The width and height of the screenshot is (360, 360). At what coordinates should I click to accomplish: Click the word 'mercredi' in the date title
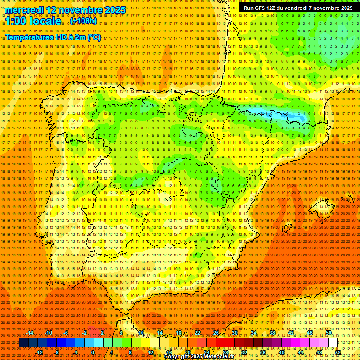coord(24,10)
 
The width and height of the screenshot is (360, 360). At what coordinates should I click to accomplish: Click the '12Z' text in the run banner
coord(271,8)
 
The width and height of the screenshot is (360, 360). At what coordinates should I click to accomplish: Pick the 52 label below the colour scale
coord(338,352)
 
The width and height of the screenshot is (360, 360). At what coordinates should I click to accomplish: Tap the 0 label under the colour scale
coord(93,352)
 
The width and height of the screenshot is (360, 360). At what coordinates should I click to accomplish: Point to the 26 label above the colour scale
coord(216,333)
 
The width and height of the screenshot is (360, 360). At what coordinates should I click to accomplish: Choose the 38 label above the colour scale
coord(272,333)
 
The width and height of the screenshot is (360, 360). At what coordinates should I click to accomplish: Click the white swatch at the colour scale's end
coord(333,343)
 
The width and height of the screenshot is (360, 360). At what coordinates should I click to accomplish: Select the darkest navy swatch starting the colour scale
coord(23,343)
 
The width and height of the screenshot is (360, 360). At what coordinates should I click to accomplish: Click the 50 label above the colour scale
coord(329,333)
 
